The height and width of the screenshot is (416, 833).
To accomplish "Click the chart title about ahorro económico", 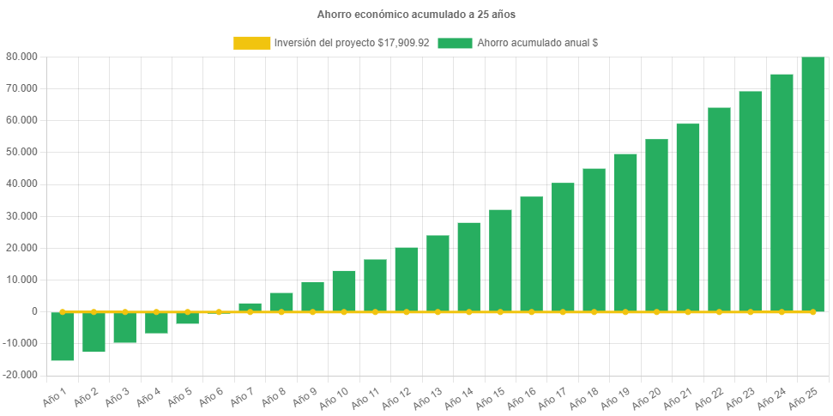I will coord(416,15).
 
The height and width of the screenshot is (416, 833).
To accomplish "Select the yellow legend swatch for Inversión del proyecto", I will coord(251,43).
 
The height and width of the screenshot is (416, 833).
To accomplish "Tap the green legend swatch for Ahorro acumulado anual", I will coord(455,43).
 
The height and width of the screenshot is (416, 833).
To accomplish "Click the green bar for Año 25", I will coord(812,184).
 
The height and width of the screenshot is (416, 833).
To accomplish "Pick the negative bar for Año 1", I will coord(63,336).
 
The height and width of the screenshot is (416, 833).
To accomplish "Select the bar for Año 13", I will coord(438,273).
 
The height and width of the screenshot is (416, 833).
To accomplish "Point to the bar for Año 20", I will coord(656,225).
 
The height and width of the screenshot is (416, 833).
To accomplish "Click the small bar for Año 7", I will coord(250,307).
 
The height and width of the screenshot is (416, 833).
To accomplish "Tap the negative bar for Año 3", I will coord(124,328).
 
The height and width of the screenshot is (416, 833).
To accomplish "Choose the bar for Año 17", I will coord(563,247).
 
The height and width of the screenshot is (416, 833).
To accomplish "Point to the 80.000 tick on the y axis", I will coord(22,57).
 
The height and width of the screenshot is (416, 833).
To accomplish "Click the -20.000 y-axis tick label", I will coord(21,375).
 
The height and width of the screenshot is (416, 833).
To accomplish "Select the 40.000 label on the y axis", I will coord(22,184).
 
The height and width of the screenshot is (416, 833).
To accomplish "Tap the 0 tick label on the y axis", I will coord(34,311).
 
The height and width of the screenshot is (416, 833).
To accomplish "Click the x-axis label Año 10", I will coord(333,396).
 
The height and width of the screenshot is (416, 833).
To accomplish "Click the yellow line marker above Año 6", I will coord(219,311).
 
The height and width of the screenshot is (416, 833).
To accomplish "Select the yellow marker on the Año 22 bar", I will coord(719,311).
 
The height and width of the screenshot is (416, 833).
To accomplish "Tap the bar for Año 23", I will coord(750,201).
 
